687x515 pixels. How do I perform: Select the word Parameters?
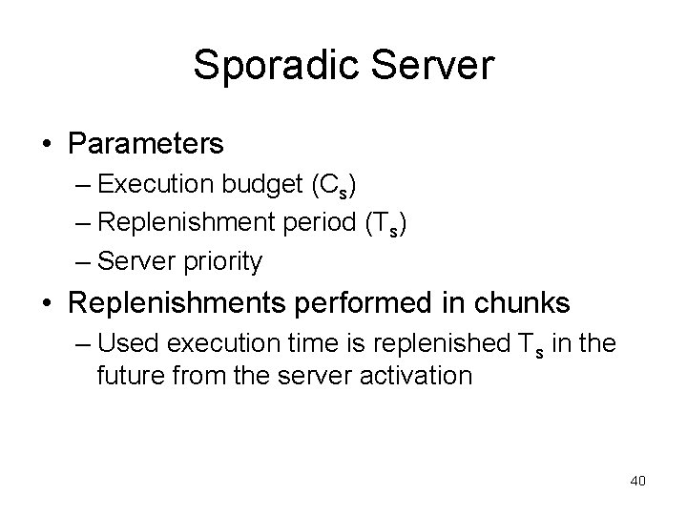[x=146, y=144]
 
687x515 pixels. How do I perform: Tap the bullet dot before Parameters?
[x=47, y=145]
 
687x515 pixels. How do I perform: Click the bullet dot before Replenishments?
[x=47, y=304]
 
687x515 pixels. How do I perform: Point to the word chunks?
[x=521, y=303]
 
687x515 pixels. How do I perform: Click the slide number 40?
[x=637, y=481]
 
